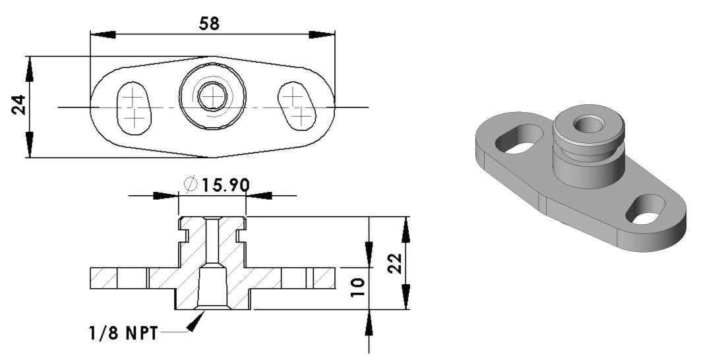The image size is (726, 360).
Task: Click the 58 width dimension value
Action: [x=209, y=23]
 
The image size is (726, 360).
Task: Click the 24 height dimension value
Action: [x=19, y=105]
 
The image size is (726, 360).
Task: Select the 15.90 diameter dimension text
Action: [x=225, y=185]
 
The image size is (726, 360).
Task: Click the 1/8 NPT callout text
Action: [x=123, y=334]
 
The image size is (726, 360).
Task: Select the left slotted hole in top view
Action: [x=134, y=107]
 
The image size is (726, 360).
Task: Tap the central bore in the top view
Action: [x=212, y=98]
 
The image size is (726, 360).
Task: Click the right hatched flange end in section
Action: [x=323, y=278]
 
